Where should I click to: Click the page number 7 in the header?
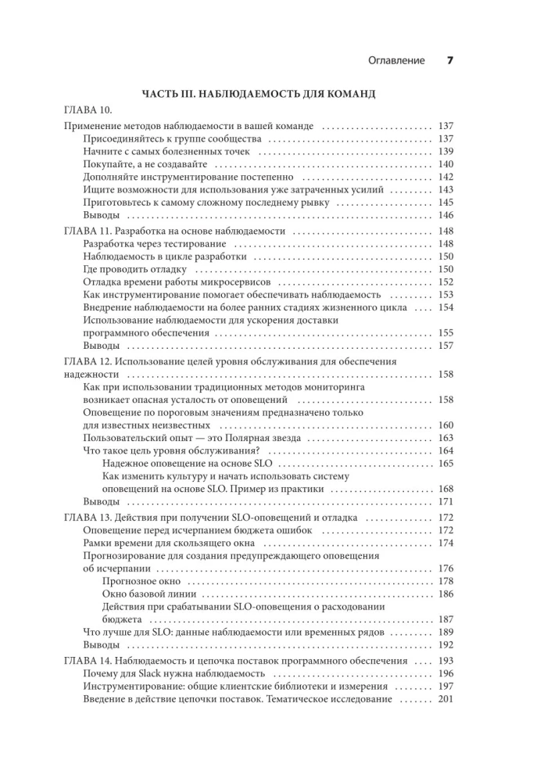click(450, 60)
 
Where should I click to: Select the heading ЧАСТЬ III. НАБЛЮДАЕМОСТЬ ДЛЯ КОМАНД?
click(259, 94)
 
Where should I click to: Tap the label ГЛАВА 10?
click(84, 109)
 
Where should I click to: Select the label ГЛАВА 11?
click(86, 231)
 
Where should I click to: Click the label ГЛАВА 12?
click(86, 362)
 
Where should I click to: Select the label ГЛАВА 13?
click(86, 518)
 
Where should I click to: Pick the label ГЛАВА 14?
click(86, 661)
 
